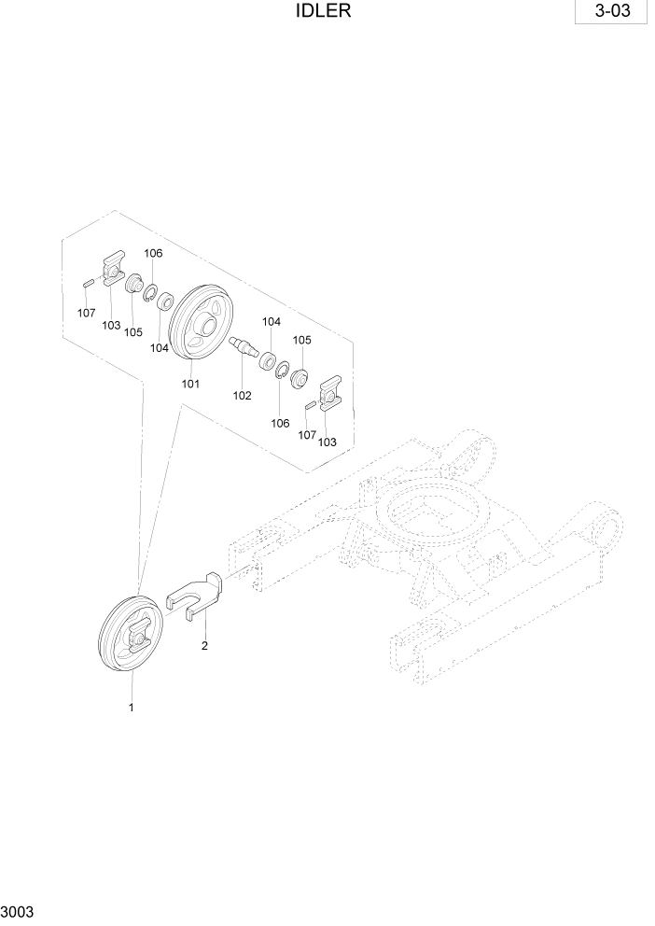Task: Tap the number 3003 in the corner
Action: pyautogui.click(x=19, y=911)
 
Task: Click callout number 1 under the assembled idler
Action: pyautogui.click(x=132, y=708)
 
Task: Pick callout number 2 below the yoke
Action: pyautogui.click(x=205, y=645)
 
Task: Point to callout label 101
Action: pyautogui.click(x=190, y=383)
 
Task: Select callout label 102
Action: pyautogui.click(x=243, y=395)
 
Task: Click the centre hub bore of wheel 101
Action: pyautogui.click(x=206, y=327)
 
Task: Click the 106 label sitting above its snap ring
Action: pyautogui.click(x=153, y=253)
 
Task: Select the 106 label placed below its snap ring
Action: pyautogui.click(x=280, y=423)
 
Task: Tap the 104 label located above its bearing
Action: pyautogui.click(x=272, y=321)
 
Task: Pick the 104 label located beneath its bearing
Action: pyautogui.click(x=160, y=347)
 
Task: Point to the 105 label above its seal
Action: pyautogui.click(x=302, y=340)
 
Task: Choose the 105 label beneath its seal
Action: pyautogui.click(x=133, y=331)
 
